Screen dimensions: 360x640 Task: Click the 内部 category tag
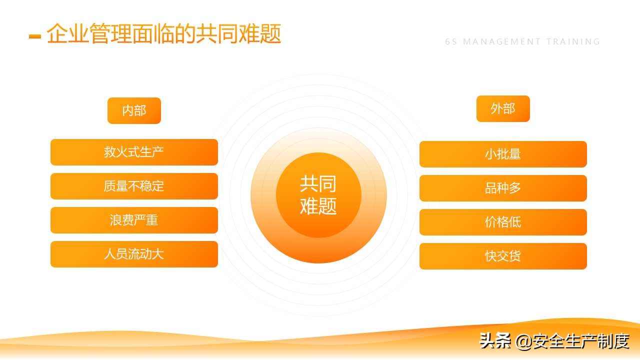coord(134,110)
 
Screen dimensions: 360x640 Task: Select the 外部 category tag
coord(502,108)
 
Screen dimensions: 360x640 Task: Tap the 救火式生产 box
coord(134,152)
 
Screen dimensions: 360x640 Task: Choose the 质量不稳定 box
coord(134,186)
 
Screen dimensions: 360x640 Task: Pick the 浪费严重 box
coord(134,220)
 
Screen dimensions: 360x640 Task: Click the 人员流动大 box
coord(134,254)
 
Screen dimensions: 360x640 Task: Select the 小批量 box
coord(502,154)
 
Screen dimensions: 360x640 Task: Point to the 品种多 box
coord(502,188)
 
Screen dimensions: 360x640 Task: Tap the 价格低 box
coord(502,222)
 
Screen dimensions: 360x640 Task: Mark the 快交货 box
coord(502,256)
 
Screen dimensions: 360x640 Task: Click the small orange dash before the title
coord(34,36)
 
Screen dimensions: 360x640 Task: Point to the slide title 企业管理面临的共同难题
coord(164,34)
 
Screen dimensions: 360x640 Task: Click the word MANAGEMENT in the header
coord(502,42)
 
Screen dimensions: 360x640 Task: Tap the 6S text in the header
coord(451,42)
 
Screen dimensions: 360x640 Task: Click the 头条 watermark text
coord(495,341)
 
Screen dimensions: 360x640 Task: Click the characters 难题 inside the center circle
coord(318,205)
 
